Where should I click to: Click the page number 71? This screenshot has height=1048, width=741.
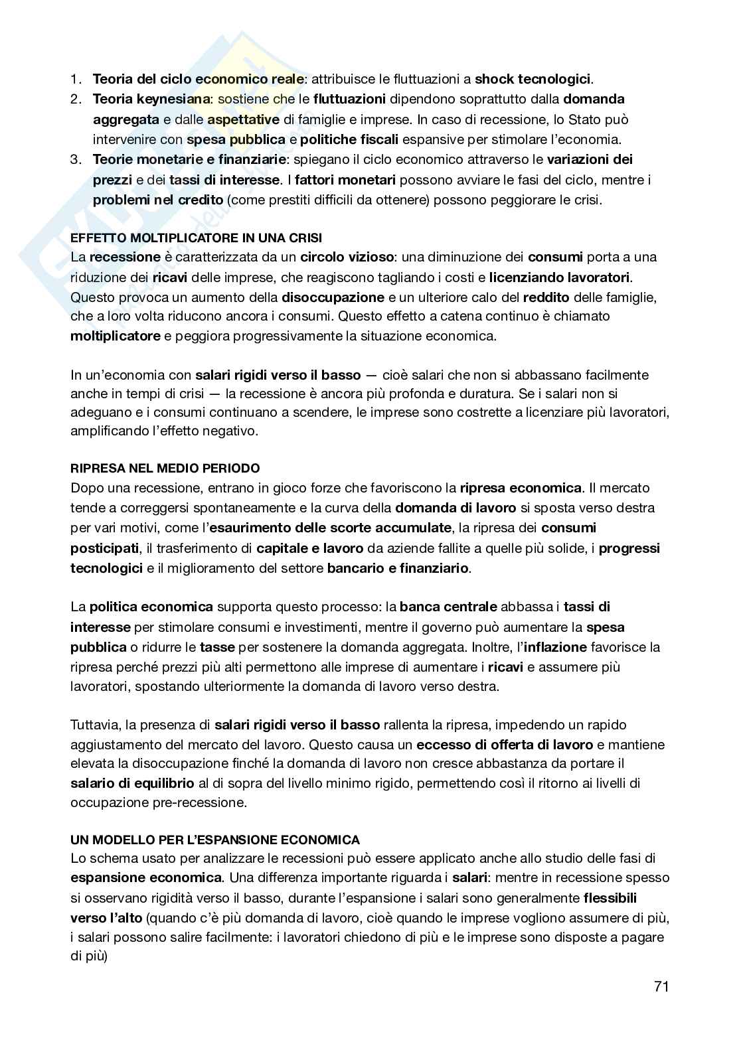click(x=661, y=986)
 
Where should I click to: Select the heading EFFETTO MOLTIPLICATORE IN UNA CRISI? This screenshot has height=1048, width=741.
click(x=197, y=238)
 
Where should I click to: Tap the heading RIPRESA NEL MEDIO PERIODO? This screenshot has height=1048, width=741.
click(x=165, y=469)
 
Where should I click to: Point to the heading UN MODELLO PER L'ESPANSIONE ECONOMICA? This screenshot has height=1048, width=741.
click(x=215, y=839)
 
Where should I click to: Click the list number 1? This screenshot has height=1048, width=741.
click(x=76, y=80)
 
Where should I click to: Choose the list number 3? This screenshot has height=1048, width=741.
click(x=76, y=160)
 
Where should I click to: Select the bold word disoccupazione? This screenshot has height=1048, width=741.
click(x=333, y=297)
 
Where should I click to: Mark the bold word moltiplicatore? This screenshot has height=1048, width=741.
click(x=116, y=336)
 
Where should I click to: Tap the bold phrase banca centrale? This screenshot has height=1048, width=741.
click(x=448, y=607)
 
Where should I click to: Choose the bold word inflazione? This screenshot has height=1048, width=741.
click(x=556, y=647)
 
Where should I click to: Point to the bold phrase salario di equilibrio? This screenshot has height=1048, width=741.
click(x=132, y=783)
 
